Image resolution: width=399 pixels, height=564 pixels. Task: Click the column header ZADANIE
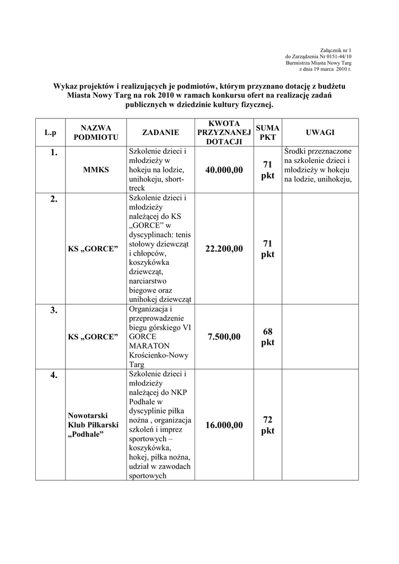pos(160,132)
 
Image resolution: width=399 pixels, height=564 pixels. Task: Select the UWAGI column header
pos(320,132)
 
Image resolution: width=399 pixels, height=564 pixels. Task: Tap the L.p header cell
pos(51,132)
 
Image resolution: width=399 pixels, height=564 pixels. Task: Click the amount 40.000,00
pos(224,170)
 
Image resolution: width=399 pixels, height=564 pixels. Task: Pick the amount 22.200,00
pos(224,249)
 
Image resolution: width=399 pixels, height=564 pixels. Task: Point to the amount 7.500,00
pos(224,337)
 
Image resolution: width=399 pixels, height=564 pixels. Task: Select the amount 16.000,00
pos(224,425)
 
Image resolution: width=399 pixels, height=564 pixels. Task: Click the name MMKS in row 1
pos(96,170)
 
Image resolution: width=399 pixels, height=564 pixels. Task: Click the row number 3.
pos(53,311)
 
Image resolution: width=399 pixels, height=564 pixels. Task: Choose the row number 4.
pos(53,376)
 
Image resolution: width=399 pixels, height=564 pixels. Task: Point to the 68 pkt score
pos(268,337)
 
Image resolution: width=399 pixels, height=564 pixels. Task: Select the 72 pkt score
pos(268,425)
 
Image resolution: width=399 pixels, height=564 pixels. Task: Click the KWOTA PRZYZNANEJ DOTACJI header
pos(224,132)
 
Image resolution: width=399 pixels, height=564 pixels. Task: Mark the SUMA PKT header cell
pos(268,132)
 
